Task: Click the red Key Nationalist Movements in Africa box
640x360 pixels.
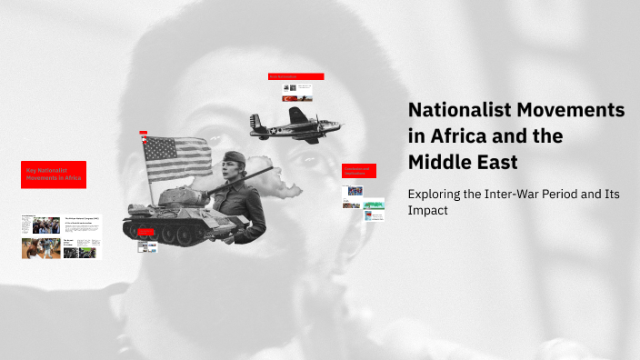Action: [x=54, y=174]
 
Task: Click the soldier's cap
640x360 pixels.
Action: [x=235, y=156]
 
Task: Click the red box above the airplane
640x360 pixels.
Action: [x=296, y=76]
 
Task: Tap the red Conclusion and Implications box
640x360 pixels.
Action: [x=358, y=170]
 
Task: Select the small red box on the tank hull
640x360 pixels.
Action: [x=146, y=233]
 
